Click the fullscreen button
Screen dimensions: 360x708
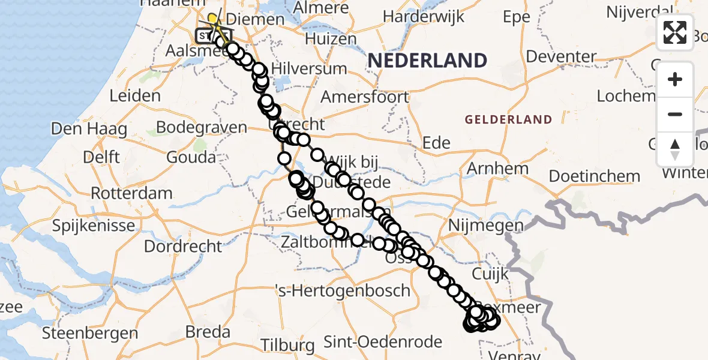(675, 32)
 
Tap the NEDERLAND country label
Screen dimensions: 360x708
(427, 61)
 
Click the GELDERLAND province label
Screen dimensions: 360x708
(508, 119)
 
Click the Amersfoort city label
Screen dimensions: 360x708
(365, 97)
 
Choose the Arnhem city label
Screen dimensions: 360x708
(497, 168)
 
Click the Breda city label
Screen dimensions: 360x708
(208, 331)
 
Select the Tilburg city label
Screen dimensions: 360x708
(288, 345)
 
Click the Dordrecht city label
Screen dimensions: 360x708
(183, 246)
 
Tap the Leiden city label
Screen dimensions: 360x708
(135, 95)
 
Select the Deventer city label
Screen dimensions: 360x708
(565, 57)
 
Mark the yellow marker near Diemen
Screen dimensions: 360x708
(212, 19)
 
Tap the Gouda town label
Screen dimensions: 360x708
(191, 157)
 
